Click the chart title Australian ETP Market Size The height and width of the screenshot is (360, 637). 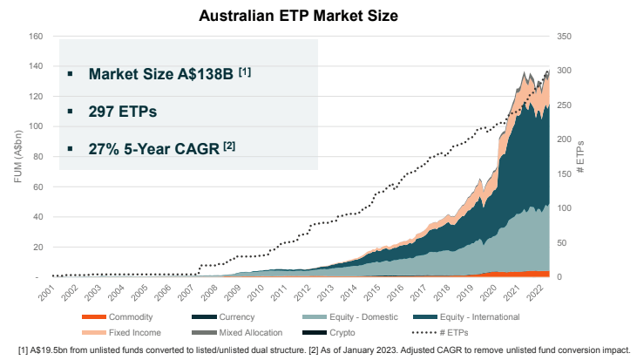point(299,16)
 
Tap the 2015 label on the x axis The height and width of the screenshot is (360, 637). point(373,293)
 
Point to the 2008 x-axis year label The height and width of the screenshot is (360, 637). point(210,293)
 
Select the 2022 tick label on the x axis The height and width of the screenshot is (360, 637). point(535,293)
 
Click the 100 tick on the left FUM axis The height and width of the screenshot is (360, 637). point(36,126)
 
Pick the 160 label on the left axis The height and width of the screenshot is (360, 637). point(36,36)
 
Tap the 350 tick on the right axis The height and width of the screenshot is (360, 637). point(564,36)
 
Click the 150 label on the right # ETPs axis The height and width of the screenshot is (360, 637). point(564,173)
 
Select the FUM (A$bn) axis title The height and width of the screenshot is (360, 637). point(17,156)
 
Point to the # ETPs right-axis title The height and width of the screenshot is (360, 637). point(580,157)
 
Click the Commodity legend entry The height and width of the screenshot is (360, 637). point(117,317)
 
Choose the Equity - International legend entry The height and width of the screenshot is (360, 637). point(466,317)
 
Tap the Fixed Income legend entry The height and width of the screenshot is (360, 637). point(121,333)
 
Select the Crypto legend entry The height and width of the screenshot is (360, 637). point(329,333)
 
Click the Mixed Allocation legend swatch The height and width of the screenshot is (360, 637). point(204,333)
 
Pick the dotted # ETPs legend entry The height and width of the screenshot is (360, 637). point(440,333)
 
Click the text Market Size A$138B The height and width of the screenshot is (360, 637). point(161,74)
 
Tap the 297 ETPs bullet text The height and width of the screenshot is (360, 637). point(123,112)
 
